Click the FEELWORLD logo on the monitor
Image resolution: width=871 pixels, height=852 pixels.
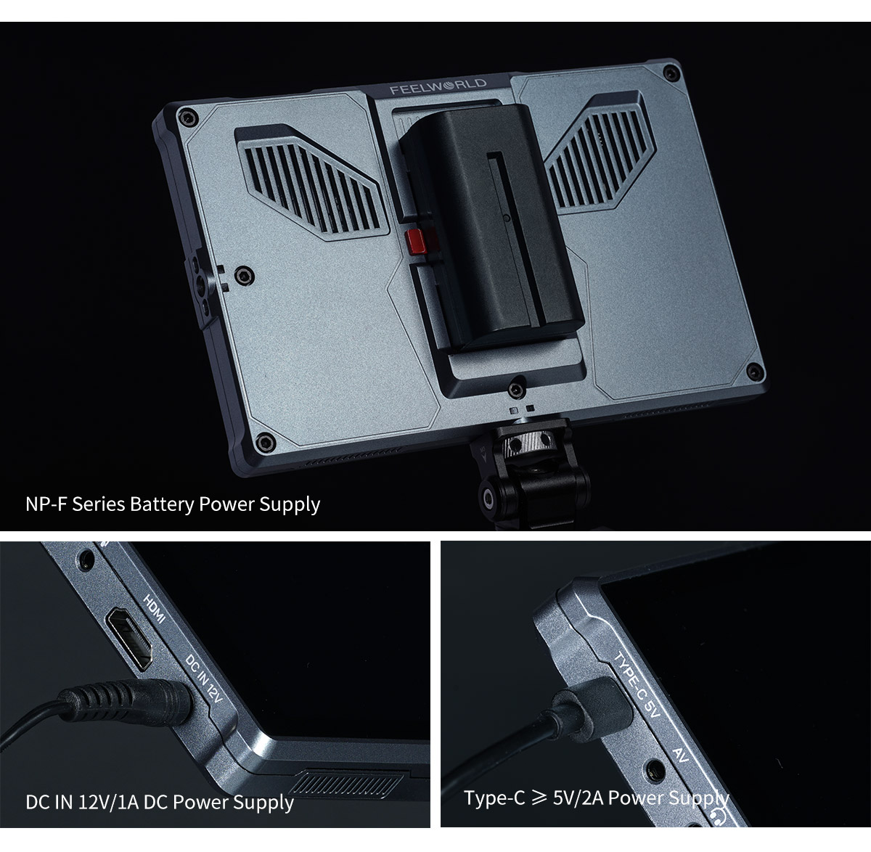pyautogui.click(x=438, y=89)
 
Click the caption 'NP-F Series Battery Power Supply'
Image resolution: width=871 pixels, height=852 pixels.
pyautogui.click(x=173, y=504)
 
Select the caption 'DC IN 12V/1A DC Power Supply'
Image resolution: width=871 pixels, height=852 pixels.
pyautogui.click(x=160, y=802)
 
